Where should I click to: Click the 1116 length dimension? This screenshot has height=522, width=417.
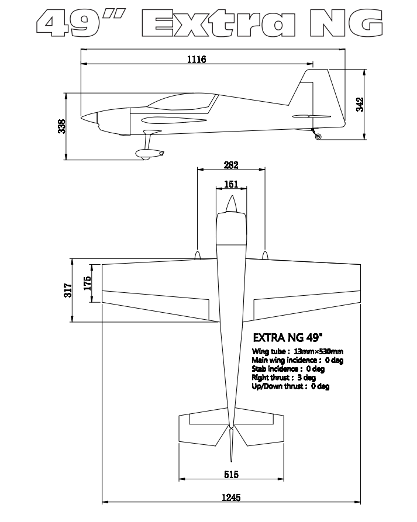coord(197,59)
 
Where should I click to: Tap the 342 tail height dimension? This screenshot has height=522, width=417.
coord(360,105)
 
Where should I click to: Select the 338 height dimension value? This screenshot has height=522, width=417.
coord(62,126)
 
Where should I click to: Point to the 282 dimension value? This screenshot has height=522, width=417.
coord(231,165)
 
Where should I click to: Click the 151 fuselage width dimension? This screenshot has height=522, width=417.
coord(231,184)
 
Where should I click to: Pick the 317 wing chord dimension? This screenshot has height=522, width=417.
coord(68,291)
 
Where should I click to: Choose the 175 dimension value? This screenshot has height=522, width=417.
coord(87,284)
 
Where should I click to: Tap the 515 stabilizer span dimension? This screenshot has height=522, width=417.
coord(231,475)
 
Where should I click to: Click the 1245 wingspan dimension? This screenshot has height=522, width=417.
coord(231,497)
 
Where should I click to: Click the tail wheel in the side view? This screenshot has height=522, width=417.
coord(318,137)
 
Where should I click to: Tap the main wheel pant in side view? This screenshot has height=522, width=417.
coord(150,154)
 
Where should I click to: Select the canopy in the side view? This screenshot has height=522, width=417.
coord(182,102)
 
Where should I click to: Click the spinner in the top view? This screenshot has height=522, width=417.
coord(231,204)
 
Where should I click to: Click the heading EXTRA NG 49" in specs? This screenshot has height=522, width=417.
coord(288,337)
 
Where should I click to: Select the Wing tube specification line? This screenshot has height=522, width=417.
coord(298,351)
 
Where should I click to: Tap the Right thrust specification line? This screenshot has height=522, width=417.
coord(284,378)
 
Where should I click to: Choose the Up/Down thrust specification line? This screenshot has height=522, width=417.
coord(291,386)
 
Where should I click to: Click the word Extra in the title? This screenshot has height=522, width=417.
coord(219,23)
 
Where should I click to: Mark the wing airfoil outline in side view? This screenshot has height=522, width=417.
coord(174,120)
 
